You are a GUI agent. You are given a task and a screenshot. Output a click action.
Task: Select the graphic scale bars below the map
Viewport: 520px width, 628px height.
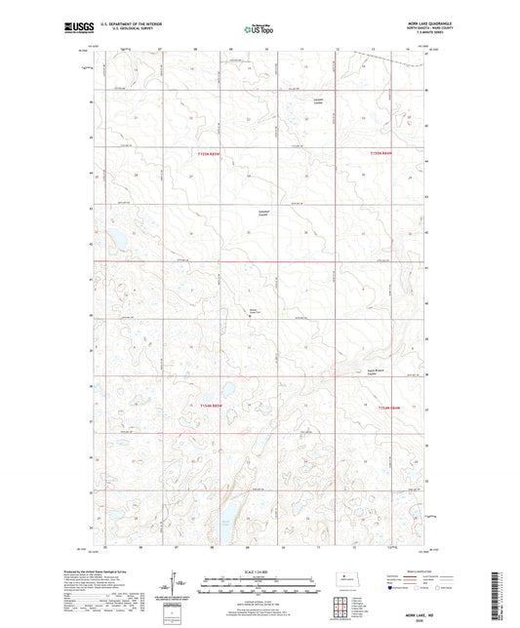[x=259, y=588]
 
